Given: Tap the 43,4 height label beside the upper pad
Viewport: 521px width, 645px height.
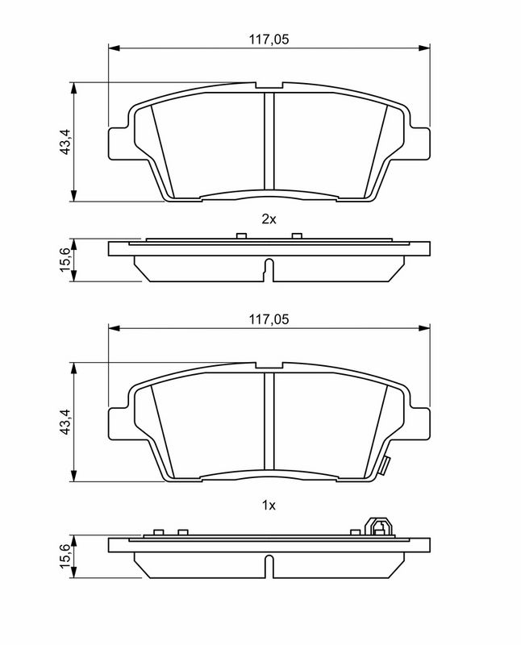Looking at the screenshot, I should tap(67, 142).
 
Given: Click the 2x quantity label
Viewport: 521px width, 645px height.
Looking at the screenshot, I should tap(269, 219).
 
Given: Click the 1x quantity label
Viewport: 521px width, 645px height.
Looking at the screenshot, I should tap(269, 506).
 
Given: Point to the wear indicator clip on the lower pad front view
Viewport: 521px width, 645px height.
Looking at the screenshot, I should tap(386, 467).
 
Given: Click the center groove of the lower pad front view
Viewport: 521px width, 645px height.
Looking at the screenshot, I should tap(269, 423).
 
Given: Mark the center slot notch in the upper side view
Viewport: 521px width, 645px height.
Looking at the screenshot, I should tap(269, 268).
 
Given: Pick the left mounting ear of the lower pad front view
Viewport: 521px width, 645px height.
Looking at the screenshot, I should tap(119, 423).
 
